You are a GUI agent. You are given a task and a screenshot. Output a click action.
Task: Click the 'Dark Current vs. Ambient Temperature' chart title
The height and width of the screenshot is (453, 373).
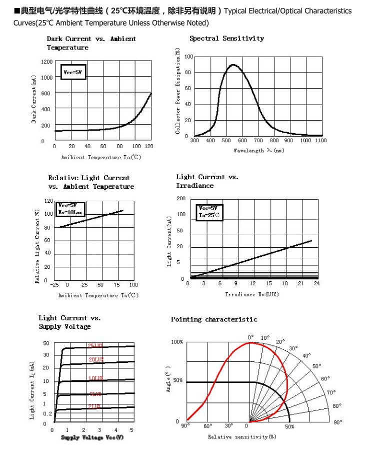91,43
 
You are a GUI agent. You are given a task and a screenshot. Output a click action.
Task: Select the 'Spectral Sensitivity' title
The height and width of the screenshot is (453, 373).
226,39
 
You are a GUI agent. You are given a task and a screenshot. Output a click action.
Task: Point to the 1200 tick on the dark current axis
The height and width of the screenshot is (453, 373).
46,62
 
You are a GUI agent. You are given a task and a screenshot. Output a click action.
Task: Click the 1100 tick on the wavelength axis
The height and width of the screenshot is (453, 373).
320,141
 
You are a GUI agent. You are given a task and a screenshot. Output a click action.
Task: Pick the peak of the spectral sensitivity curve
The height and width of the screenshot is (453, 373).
232,65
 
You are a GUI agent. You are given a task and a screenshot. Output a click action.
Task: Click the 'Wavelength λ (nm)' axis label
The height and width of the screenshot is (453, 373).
258,150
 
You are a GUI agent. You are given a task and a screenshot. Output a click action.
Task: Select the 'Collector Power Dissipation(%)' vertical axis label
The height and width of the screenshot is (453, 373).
178,91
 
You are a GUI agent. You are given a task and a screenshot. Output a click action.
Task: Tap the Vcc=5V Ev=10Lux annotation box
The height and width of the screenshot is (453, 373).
71,209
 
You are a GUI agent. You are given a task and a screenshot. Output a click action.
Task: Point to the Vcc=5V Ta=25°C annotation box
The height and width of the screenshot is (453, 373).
209,212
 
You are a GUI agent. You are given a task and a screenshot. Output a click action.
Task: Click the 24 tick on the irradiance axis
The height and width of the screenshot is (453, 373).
316,284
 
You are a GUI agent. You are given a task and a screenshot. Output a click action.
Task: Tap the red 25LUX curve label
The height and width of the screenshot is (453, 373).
95,345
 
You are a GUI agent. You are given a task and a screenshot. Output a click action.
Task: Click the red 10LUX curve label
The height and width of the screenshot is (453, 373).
95,378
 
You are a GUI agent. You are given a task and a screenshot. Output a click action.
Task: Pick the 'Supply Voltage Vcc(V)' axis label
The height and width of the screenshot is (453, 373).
92,438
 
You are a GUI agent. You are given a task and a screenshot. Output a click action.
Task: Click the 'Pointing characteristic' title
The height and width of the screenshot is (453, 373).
214,319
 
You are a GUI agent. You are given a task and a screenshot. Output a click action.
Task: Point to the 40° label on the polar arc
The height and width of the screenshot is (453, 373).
306,356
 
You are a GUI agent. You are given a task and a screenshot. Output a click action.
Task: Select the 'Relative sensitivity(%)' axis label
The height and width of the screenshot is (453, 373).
242,437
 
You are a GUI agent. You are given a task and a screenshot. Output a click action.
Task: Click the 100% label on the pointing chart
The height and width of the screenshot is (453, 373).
177,342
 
